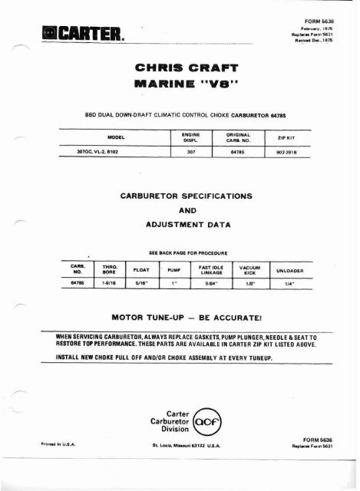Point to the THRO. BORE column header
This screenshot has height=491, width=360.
[109, 269]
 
